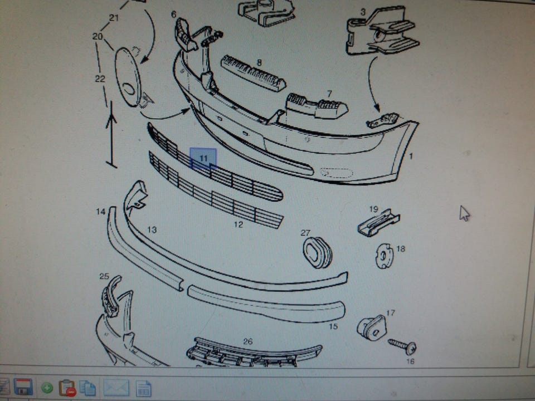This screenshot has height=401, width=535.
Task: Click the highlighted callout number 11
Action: [x=203, y=158]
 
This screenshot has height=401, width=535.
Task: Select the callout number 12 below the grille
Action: [x=239, y=224]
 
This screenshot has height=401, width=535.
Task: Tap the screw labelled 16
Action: [x=403, y=346]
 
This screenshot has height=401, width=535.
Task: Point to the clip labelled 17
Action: [x=372, y=327]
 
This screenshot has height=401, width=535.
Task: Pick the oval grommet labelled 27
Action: [x=317, y=253]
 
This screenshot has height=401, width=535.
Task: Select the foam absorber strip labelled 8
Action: [x=254, y=74]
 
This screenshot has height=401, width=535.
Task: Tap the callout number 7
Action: [x=329, y=94]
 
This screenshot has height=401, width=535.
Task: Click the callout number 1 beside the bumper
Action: [x=411, y=156]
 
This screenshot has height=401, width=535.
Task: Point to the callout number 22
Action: [x=100, y=79]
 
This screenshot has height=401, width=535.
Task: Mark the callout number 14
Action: [x=101, y=212]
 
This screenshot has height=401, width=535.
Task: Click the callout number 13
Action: [x=152, y=230]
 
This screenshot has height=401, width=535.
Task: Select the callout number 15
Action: [x=333, y=326]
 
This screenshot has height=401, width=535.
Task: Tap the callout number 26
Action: [x=247, y=341]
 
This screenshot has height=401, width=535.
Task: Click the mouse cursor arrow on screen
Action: [x=464, y=213]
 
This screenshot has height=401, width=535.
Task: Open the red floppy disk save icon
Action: [x=23, y=387]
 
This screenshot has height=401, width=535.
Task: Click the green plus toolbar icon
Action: [x=47, y=388]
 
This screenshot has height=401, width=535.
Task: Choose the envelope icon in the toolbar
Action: [x=116, y=388]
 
